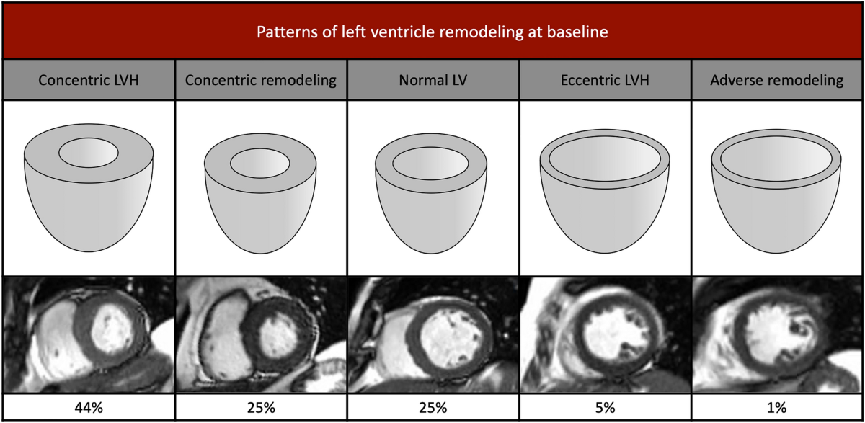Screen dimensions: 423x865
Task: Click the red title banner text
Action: pos(432,32)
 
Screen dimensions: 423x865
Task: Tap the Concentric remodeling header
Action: pos(260,80)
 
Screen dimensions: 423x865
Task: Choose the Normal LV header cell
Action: pos(432,80)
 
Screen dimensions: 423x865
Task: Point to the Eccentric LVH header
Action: pos(605,80)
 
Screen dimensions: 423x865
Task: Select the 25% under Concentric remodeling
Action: pos(260,408)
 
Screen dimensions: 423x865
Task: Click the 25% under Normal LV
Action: pos(432,408)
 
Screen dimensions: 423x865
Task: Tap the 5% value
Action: pos(605,408)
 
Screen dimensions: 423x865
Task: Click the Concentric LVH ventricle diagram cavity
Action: pos(89,153)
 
